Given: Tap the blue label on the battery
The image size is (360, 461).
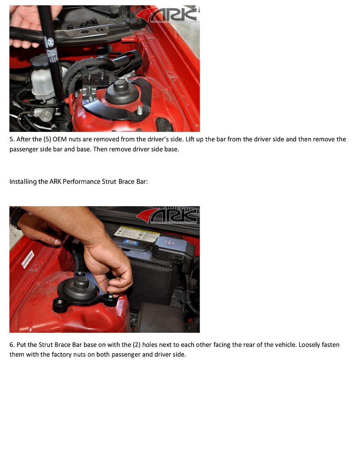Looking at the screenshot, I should click(131, 242).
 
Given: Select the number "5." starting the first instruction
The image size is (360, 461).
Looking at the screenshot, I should click(12, 140).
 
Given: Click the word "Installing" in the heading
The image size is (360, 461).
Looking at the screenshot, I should click(22, 182).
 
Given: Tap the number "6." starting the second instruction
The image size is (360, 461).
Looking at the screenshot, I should click(12, 345).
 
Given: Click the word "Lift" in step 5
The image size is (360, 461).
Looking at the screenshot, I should click(192, 140).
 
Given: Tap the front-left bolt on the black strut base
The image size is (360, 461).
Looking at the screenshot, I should click(61, 302).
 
